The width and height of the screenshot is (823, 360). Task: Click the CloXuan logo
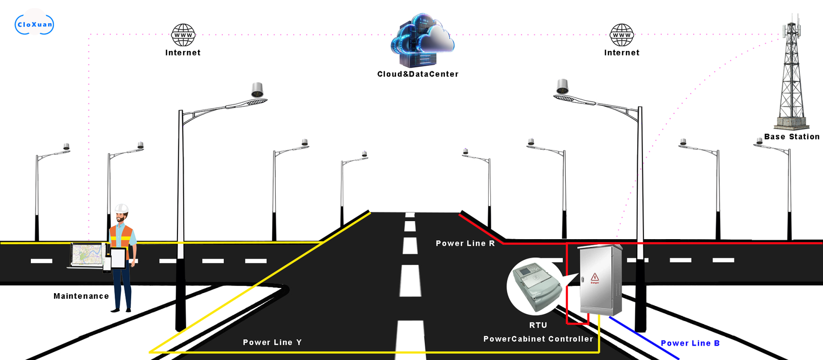point(34,24)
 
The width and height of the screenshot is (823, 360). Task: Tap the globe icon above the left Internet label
point(183,35)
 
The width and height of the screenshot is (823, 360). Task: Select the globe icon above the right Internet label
point(622,35)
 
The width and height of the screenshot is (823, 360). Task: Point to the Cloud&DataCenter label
point(418,74)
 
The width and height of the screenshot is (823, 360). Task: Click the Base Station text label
point(792,137)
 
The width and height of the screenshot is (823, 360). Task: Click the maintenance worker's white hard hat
point(121,208)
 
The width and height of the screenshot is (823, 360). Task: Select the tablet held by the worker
point(119,259)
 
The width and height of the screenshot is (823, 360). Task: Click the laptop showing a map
point(87,256)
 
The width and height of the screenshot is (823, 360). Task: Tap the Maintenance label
point(81,296)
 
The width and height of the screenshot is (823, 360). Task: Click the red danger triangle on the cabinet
point(595,277)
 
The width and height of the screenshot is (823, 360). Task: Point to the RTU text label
point(538,325)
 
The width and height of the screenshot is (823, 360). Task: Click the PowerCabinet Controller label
point(538,339)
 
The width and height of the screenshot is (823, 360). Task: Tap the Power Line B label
point(690,343)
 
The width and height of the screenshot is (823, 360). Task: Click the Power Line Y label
point(272,343)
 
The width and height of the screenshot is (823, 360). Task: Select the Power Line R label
point(465,243)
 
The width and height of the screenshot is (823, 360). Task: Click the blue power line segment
point(644,337)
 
